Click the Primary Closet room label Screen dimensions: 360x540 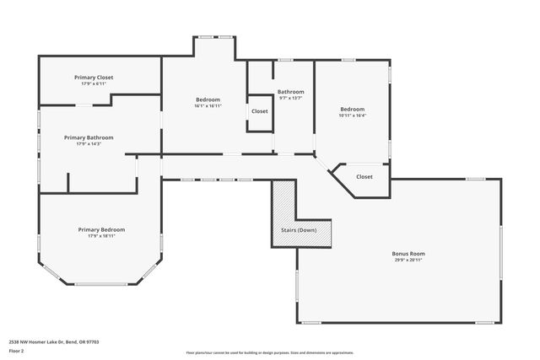(94, 77)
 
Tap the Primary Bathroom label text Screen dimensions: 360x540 (89, 137)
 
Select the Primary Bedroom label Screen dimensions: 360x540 (101, 229)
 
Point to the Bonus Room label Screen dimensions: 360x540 (408, 253)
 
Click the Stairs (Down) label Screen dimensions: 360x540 (299, 230)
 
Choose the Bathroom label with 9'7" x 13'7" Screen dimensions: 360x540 (290, 91)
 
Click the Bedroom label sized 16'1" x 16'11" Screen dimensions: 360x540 (207, 99)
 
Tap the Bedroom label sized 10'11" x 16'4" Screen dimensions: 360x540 (352, 109)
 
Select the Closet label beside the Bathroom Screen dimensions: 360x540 (259, 110)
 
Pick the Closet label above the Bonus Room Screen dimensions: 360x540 (364, 176)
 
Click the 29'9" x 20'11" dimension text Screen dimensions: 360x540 (408, 260)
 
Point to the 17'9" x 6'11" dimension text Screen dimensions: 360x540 (94, 83)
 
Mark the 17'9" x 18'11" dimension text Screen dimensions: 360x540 (101, 236)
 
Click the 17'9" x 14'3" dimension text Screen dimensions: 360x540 (89, 144)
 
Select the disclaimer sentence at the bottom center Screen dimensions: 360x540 (269, 352)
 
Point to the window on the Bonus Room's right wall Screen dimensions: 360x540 (500, 253)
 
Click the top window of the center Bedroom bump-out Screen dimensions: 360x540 (214, 35)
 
